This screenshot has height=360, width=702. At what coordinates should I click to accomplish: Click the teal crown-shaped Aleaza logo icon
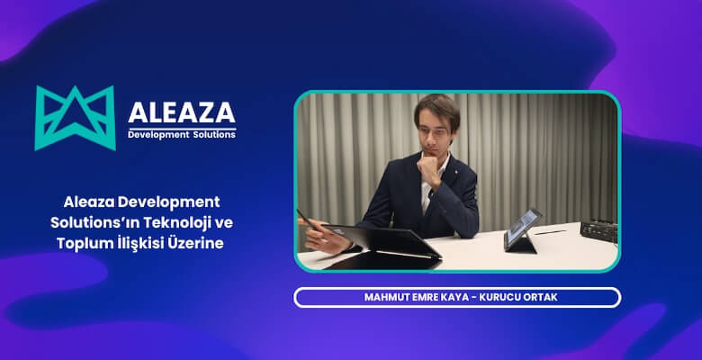pyautogui.click(x=75, y=117)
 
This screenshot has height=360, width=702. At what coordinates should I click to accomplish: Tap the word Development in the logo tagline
pyautogui.click(x=157, y=134)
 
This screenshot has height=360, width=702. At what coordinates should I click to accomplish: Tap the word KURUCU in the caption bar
pyautogui.click(x=505, y=298)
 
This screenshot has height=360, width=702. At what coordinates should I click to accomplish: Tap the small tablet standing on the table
pyautogui.click(x=522, y=230)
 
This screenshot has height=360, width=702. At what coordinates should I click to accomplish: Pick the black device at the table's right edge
pyautogui.click(x=598, y=230)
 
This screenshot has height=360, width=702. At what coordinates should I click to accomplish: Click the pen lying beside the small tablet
pyautogui.click(x=552, y=232)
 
